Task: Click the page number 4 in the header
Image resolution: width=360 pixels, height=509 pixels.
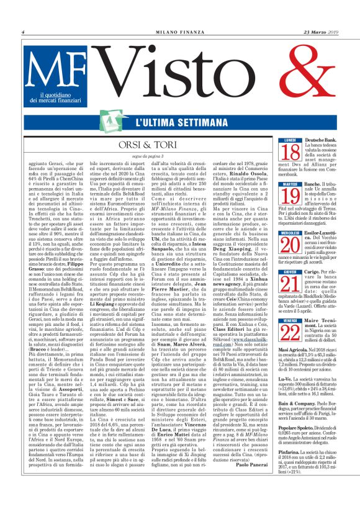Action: [24, 32]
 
